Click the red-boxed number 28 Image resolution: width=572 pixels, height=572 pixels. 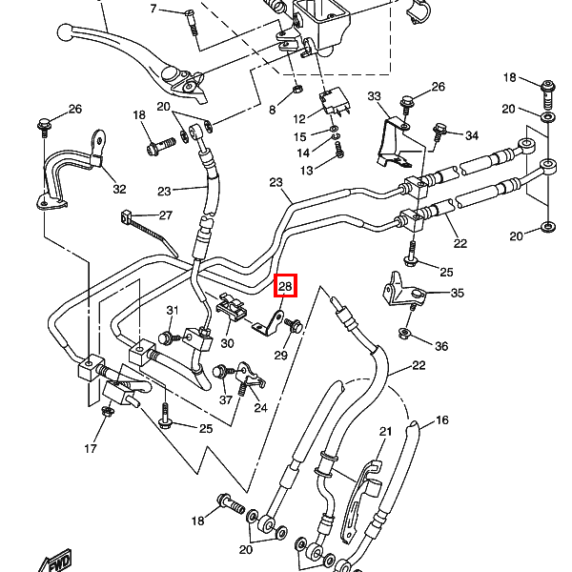click(286, 286)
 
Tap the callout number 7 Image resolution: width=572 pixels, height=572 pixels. click(153, 10)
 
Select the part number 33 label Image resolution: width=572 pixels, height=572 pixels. click(374, 97)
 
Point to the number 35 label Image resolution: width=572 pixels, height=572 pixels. click(457, 293)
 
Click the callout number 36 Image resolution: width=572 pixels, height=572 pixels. click(440, 345)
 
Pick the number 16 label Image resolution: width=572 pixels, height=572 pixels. click(442, 420)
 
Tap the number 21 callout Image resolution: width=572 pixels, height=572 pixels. click(385, 432)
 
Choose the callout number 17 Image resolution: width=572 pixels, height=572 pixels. click(91, 448)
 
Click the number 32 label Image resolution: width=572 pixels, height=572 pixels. click(119, 189)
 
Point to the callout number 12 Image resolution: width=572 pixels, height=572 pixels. click(299, 119)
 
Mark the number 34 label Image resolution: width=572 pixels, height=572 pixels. click(472, 134)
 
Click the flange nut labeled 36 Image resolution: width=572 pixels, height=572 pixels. click(404, 334)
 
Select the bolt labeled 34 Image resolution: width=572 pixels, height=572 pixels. click(440, 128)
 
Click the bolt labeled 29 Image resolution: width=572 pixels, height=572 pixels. click(292, 327)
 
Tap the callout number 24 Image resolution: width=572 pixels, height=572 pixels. click(260, 407)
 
